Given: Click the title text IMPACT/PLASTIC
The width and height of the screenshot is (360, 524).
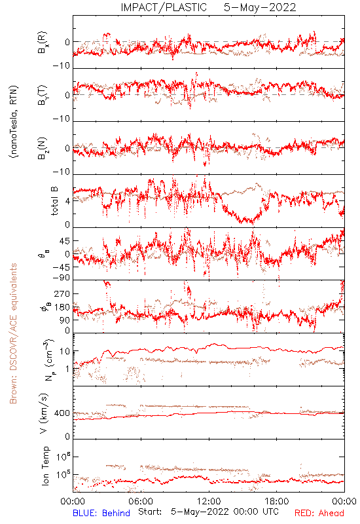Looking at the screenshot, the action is tap(164, 7).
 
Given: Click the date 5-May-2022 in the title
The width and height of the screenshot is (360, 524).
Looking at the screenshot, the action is tap(260, 7).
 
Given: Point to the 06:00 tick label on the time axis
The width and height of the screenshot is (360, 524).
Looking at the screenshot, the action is tap(141, 501).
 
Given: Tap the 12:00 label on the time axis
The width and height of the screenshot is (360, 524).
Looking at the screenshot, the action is tap(209, 501).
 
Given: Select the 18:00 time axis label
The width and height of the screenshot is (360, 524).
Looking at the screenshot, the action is tap(277, 501).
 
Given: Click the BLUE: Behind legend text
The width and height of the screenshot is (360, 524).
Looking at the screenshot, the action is tap(101, 513).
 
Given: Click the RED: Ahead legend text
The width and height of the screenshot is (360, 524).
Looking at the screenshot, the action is tap(319, 513).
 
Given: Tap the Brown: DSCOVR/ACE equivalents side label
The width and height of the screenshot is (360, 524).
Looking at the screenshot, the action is tap(13, 333).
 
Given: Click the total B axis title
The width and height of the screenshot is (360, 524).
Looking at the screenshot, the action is tap(54, 201).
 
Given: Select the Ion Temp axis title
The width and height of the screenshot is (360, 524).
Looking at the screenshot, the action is tap(45, 466).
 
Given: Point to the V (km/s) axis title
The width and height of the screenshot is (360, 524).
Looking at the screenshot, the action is tap(44, 413).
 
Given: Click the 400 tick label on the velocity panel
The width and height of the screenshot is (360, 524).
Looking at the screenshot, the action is tap(62, 413).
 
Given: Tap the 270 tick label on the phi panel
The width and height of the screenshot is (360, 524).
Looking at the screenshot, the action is tap(62, 293).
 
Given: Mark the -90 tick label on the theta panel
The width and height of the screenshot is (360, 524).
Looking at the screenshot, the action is tap(61, 278).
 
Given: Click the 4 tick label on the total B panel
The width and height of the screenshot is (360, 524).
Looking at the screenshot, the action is tap(67, 201).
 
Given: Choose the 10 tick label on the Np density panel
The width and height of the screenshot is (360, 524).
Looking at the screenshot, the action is tap(65, 352).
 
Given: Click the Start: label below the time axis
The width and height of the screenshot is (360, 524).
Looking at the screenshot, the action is tap(150, 512).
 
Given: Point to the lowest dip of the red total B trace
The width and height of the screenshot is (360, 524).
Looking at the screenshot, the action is tap(253, 223).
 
